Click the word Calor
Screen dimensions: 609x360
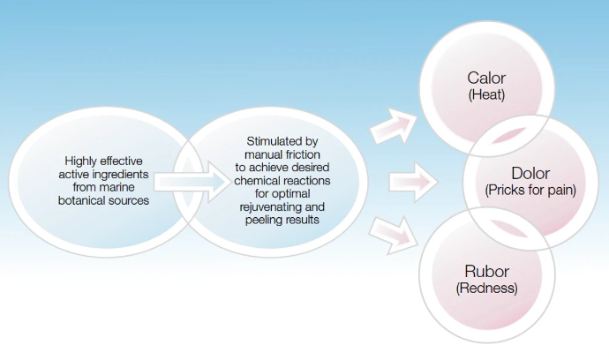(x=486, y=78)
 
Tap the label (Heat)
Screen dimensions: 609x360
(x=486, y=94)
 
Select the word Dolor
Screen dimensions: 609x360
(x=530, y=173)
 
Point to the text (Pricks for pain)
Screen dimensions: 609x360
(x=530, y=190)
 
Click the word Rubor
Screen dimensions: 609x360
(x=486, y=272)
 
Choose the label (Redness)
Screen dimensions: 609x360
(x=486, y=289)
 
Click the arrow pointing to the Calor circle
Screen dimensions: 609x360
(x=393, y=126)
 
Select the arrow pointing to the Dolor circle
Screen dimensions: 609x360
(x=413, y=182)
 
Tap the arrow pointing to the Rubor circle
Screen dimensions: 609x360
(x=393, y=236)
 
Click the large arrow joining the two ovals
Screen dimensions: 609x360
(x=192, y=182)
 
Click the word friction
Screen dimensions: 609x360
(x=302, y=154)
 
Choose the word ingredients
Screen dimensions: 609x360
(x=123, y=175)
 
